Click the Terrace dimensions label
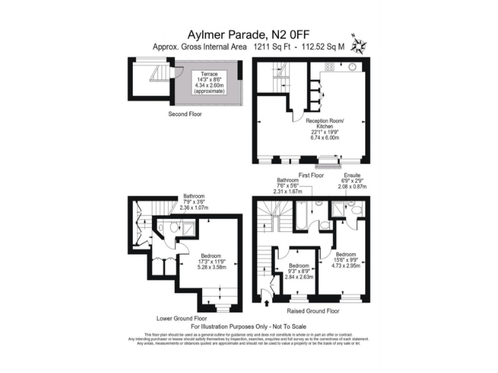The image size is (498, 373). click(x=209, y=83)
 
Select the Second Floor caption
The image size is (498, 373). click(x=185, y=114)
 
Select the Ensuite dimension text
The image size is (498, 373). click(x=351, y=183)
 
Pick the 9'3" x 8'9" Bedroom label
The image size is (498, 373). click(x=299, y=271)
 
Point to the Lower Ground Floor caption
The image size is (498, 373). click(x=182, y=319)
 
